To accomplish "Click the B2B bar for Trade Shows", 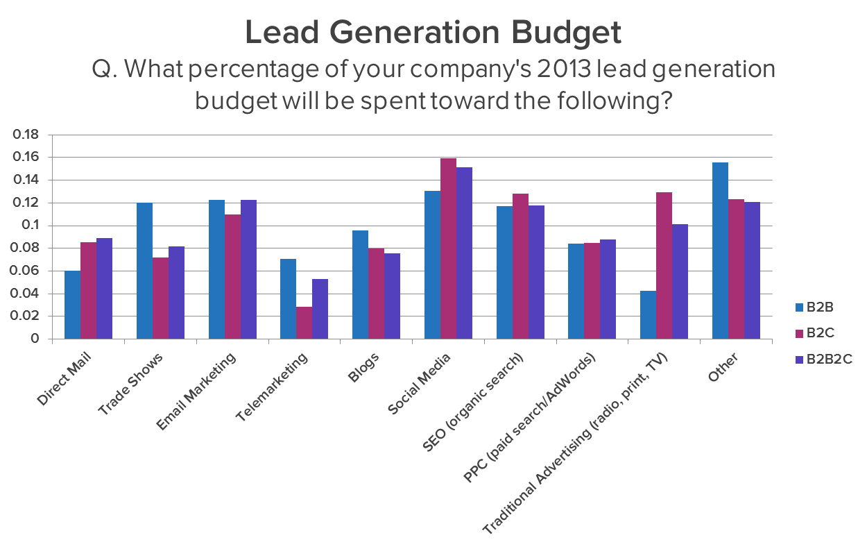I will pyautogui.click(x=144, y=271).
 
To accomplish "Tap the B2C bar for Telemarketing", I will pyautogui.click(x=304, y=323).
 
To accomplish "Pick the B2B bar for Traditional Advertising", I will pyautogui.click(x=648, y=315).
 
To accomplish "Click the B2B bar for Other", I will pyautogui.click(x=720, y=251).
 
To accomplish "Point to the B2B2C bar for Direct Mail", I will pyautogui.click(x=104, y=289).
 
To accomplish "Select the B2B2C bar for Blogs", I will pyautogui.click(x=392, y=296).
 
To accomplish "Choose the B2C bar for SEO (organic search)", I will pyautogui.click(x=520, y=267).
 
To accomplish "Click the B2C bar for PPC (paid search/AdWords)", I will pyautogui.click(x=592, y=291).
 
